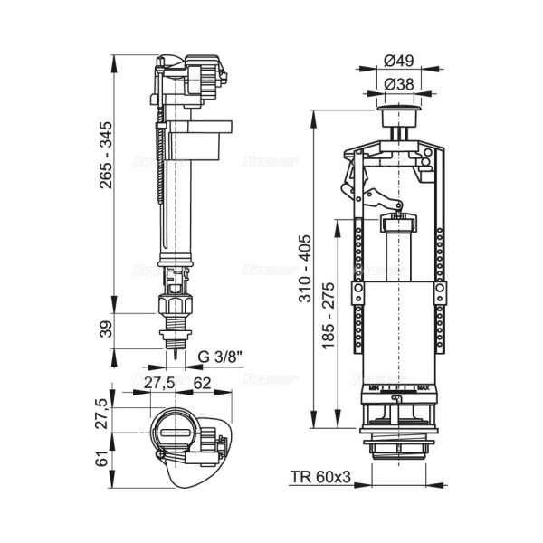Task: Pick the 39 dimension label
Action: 108,329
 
